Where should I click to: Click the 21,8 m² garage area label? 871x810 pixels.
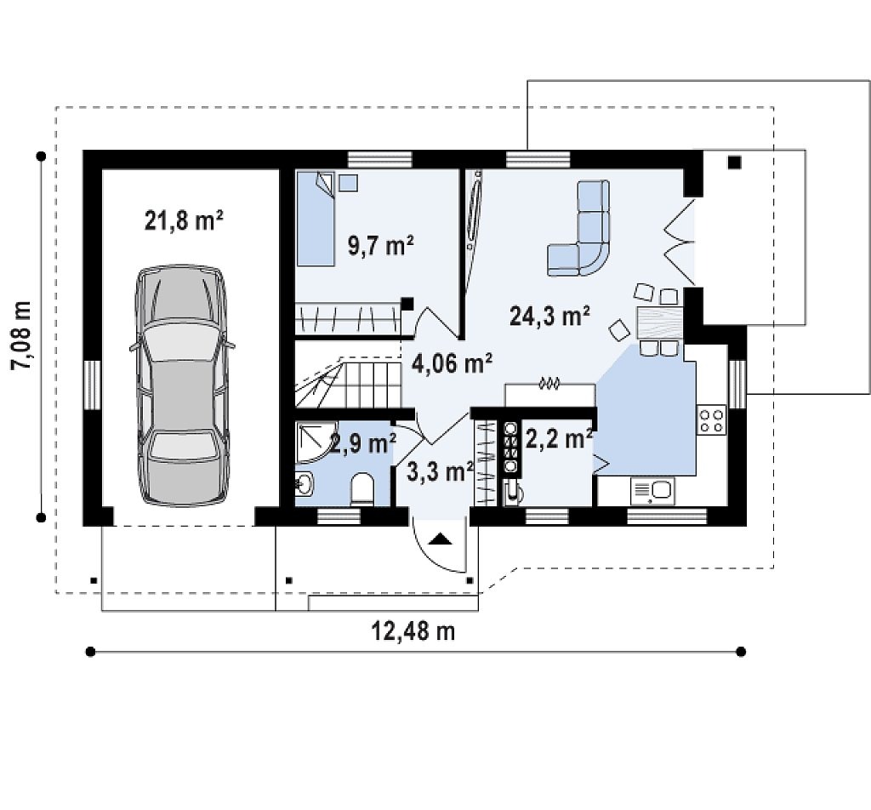[x=184, y=220]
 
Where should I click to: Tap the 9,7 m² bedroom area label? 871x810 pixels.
[x=381, y=244]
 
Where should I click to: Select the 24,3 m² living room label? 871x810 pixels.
[x=550, y=316]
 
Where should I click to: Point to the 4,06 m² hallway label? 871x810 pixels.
[x=452, y=363]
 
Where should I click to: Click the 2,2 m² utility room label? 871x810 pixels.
[x=558, y=439]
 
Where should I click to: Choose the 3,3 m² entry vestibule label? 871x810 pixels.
[x=440, y=471]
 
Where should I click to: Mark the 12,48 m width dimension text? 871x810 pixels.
[x=413, y=631]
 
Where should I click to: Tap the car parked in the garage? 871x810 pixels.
[x=182, y=385]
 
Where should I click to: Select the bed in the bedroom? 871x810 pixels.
[x=315, y=219]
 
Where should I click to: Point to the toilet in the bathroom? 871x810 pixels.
[x=363, y=489]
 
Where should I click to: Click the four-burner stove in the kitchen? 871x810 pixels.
[x=712, y=419]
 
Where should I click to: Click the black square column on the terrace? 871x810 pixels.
[x=734, y=163]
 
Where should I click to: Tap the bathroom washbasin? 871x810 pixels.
[x=305, y=484]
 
